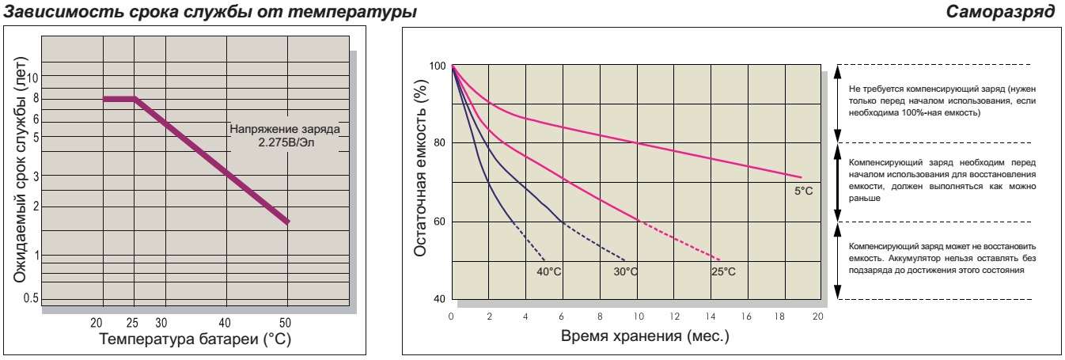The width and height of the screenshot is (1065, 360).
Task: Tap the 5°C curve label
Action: (x=803, y=191)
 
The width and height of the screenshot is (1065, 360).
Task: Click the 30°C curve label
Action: (x=625, y=271)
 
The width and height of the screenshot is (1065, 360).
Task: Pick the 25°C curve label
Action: (x=722, y=271)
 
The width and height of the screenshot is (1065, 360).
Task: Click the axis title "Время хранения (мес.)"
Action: (x=644, y=336)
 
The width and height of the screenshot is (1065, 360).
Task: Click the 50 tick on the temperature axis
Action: (x=286, y=322)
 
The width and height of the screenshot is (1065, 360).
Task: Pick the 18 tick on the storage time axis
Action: (x=781, y=316)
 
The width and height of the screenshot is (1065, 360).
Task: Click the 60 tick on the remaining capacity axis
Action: (x=438, y=222)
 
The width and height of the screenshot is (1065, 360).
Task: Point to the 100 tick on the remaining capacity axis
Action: (x=435, y=66)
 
